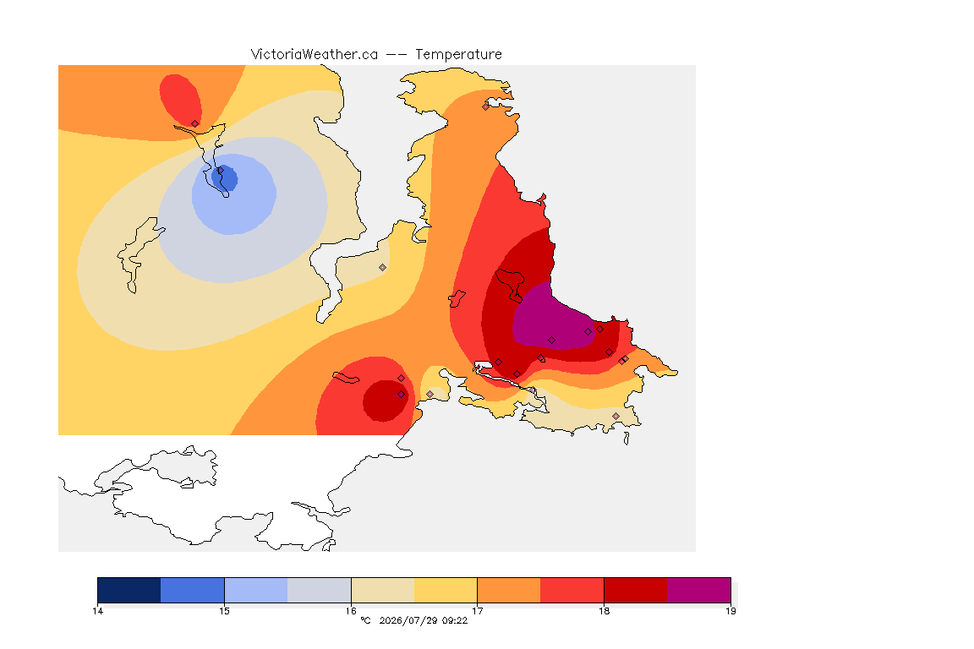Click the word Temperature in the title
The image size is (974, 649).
click(458, 55)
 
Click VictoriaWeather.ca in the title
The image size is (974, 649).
click(315, 55)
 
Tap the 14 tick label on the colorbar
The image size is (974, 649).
click(97, 611)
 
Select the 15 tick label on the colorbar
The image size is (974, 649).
click(224, 611)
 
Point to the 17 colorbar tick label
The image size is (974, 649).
click(477, 611)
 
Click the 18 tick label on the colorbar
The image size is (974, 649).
click(604, 611)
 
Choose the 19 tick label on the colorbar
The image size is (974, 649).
click(730, 611)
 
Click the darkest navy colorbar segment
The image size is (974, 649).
click(129, 590)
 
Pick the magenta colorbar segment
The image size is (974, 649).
click(699, 590)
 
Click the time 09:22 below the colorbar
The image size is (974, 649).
click(454, 620)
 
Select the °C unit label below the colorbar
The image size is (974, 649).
click(365, 620)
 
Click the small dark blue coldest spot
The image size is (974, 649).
click(226, 178)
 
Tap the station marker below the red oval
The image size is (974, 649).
click(195, 124)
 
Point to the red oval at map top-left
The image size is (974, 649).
click(180, 100)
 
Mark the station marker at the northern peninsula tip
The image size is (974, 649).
click(486, 106)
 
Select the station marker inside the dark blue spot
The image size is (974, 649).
click(221, 170)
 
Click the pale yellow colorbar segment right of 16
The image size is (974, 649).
click(383, 590)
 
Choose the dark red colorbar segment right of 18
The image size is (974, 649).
click(636, 590)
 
